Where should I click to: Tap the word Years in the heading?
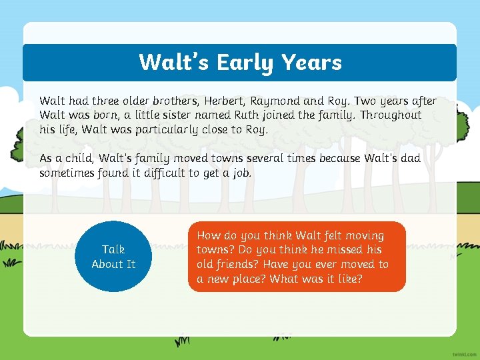coord(311,63)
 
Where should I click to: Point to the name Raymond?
coord(275,101)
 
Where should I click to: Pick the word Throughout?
coord(390,115)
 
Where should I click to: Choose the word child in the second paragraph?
coord(79,159)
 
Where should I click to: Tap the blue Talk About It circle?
coord(113,257)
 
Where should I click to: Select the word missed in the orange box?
coord(344,250)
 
